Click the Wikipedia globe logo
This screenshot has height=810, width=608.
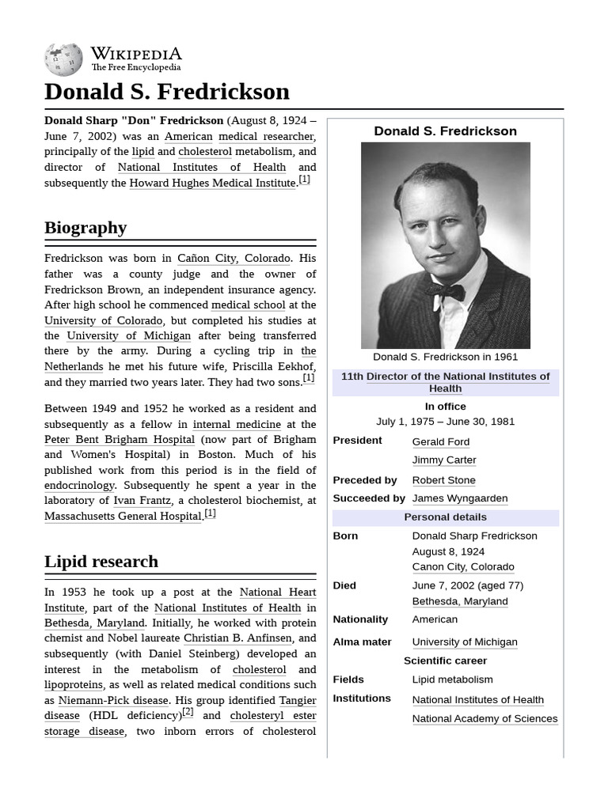63,60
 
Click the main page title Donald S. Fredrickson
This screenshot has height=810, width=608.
167,92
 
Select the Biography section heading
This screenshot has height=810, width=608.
85,228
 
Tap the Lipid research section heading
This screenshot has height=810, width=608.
101,562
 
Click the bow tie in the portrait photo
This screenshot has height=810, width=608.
444,290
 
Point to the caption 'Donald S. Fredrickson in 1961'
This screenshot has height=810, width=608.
445,357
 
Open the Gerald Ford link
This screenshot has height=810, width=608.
440,441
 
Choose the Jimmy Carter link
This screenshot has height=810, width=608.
443,460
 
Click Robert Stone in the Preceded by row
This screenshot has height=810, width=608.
443,480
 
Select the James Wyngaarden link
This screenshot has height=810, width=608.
459,498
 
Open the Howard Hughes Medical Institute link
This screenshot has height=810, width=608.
212,183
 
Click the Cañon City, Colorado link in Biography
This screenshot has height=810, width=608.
234,259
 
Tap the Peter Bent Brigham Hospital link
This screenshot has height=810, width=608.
120,440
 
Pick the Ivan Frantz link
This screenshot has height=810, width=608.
142,501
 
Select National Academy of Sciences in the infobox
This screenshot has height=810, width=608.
484,719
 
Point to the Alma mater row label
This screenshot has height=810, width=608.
362,642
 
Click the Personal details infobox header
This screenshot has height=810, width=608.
445,517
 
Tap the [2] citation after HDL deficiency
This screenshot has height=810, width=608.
188,712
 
